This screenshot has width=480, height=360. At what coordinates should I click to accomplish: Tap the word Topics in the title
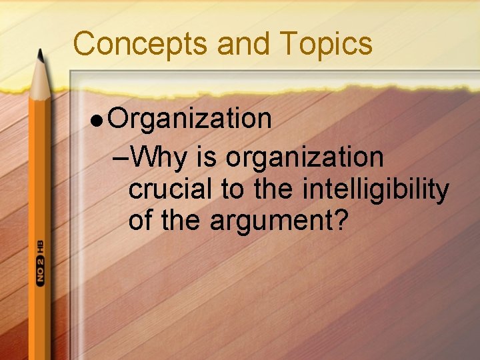click(327, 44)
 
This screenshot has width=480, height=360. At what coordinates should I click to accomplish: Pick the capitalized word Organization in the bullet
click(190, 120)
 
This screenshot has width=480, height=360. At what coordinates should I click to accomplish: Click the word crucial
click(171, 189)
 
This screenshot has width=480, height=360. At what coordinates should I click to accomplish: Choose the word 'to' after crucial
click(233, 189)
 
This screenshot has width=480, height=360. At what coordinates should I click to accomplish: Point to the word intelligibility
click(375, 191)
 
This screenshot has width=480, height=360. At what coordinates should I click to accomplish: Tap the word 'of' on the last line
click(141, 220)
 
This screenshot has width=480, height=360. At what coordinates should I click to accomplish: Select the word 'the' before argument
click(181, 220)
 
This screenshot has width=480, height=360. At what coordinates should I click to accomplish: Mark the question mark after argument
click(341, 220)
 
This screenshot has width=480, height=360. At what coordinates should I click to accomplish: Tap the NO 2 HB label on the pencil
click(41, 261)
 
